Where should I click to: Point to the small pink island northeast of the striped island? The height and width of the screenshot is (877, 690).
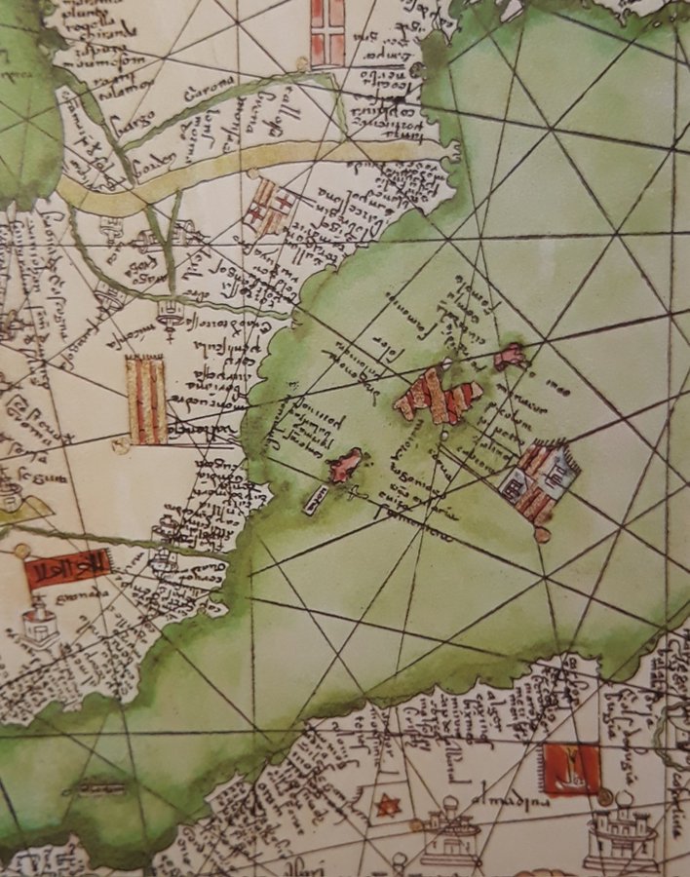tap(510, 358)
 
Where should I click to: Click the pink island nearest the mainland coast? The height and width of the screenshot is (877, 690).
tap(344, 466)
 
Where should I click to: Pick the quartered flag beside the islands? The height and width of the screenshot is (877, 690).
tap(539, 479)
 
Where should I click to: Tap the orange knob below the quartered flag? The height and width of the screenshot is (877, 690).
tap(543, 534)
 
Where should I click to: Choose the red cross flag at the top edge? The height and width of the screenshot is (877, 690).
tap(327, 32)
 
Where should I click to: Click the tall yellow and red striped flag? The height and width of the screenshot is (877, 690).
tap(146, 400)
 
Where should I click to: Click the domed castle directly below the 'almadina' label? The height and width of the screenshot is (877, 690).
tap(449, 836)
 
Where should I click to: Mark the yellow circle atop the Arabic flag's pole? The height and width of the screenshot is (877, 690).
tap(21, 551)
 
